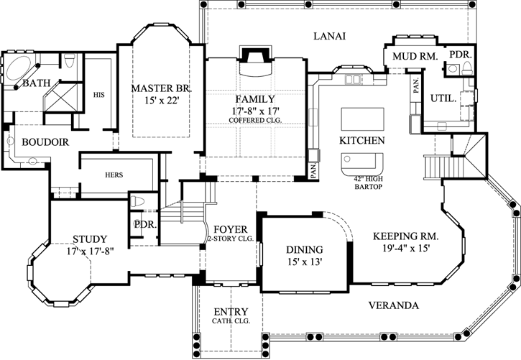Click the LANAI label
click(x=330, y=36)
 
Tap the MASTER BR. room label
click(x=162, y=88)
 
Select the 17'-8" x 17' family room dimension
click(x=255, y=111)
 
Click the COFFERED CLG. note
click(x=255, y=120)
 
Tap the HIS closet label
click(x=98, y=95)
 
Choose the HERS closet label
click(x=114, y=175)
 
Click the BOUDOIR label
click(x=45, y=142)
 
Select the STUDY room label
click(x=90, y=239)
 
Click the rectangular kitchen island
click(x=362, y=119)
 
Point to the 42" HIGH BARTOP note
click(x=368, y=183)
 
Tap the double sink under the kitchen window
click(x=353, y=80)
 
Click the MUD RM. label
click(x=415, y=57)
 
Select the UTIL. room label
click(x=443, y=98)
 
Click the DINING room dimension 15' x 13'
click(x=305, y=262)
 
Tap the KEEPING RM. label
click(x=406, y=236)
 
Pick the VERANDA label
click(x=394, y=305)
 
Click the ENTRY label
click(x=231, y=312)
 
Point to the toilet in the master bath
click(x=70, y=60)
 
